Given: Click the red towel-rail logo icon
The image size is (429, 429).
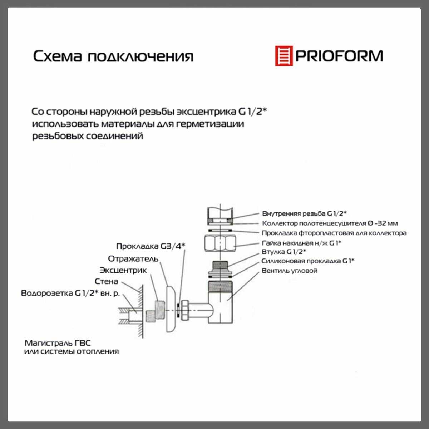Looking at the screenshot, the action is click(284, 56).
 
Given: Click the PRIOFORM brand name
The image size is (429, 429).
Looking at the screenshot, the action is click(339, 56).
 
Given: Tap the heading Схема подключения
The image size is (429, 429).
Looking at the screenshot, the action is click(113, 56).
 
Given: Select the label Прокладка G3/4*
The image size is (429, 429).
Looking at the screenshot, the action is click(151, 246).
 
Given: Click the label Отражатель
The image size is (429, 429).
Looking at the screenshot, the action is click(133, 259).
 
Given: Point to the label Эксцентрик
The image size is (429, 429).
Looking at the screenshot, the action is click(123, 270).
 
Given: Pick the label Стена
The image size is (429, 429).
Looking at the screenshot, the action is click(106, 281).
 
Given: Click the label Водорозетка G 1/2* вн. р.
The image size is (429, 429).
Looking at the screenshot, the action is click(70, 293).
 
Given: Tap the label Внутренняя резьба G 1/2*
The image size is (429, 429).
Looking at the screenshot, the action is click(304, 213).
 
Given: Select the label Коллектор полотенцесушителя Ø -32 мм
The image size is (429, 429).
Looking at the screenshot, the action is click(330, 223).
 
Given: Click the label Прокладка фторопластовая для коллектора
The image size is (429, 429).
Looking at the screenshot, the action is click(334, 233).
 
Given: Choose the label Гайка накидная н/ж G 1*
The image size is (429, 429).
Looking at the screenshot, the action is click(301, 243).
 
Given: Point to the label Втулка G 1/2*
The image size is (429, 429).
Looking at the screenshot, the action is click(283, 252).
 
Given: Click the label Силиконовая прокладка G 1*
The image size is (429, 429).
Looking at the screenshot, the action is click(308, 261).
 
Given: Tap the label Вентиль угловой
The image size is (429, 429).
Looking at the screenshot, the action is click(290, 271).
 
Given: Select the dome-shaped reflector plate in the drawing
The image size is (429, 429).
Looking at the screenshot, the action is click(171, 310).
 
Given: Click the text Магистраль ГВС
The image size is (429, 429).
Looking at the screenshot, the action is click(58, 343).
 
